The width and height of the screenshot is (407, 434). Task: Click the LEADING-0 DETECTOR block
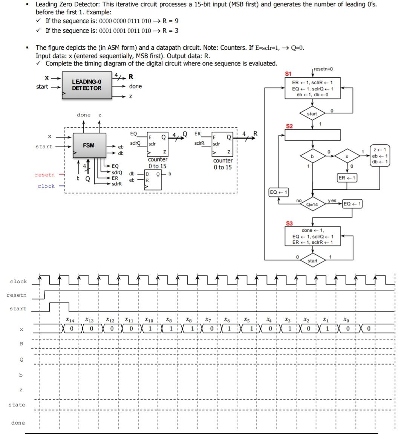[87, 85]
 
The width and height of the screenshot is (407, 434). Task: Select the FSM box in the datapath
[89, 145]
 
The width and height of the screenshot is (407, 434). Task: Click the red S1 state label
[288, 73]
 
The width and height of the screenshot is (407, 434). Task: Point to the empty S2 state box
[312, 135]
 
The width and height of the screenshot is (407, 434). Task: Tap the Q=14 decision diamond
[312, 204]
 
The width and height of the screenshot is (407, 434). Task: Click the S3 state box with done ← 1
[312, 236]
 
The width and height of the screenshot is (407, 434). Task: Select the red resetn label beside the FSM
[44, 175]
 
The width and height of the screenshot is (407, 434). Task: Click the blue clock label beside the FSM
[46, 186]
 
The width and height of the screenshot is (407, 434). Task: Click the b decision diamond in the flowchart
[312, 156]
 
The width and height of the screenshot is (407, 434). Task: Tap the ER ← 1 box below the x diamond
[347, 178]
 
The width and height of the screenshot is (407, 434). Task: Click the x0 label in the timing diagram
[346, 320]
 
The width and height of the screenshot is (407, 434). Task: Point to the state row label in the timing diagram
[17, 405]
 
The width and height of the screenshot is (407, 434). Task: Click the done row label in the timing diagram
[18, 423]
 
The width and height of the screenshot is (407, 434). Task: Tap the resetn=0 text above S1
[323, 69]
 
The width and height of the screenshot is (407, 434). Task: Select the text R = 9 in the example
[170, 21]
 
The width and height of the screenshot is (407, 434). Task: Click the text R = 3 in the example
[170, 31]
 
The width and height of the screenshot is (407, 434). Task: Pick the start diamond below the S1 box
[312, 114]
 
